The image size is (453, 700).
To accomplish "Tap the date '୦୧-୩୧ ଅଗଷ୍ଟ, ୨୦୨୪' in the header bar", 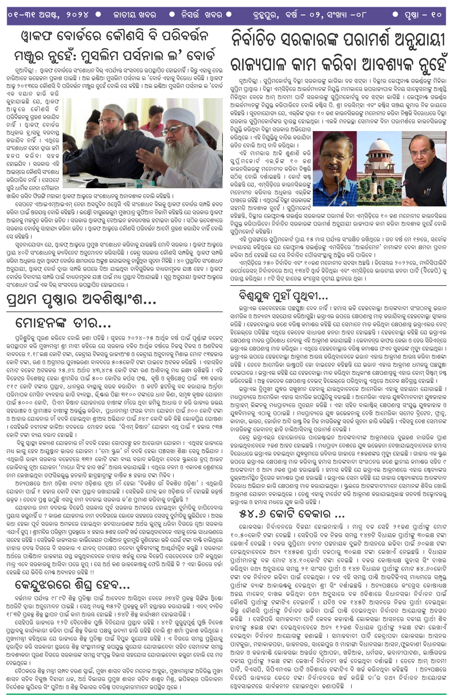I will point(48,14).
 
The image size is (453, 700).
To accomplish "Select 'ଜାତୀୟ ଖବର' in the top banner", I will point(135,15).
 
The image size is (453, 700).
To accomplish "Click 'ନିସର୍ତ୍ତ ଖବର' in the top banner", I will point(202,15).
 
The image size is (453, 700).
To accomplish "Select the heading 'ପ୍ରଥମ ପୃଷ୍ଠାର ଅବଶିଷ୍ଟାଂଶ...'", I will point(81,300).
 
